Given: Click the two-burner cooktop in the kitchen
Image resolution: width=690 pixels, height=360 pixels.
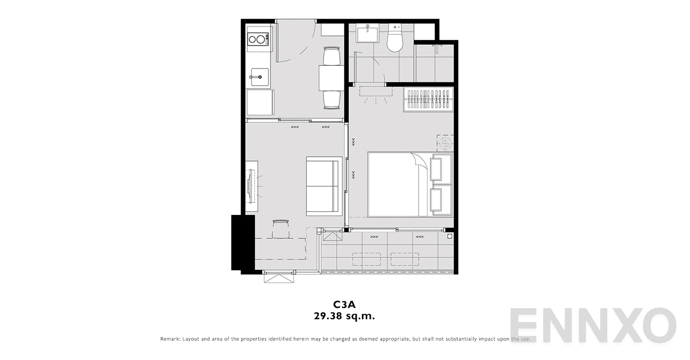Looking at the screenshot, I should (x=258, y=39).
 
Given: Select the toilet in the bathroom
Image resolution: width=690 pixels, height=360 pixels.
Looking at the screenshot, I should (x=394, y=40).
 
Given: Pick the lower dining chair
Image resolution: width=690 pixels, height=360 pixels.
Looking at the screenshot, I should (x=332, y=99).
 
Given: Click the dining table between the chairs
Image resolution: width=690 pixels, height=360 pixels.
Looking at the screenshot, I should (x=331, y=78).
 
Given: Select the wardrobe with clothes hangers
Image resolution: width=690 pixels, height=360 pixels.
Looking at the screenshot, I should (x=428, y=99).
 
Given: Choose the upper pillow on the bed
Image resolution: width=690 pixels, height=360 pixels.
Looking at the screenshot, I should (x=441, y=168).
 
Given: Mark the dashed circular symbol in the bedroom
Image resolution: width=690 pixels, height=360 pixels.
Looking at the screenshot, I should (x=445, y=143).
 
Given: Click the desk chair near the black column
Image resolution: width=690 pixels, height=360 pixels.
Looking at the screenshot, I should (x=281, y=228).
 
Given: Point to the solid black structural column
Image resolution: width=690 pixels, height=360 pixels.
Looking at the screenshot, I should (x=243, y=243).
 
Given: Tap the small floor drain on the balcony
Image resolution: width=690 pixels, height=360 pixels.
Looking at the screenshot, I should (x=449, y=237).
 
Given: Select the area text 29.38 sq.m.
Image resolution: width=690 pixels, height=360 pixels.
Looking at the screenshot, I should (x=344, y=316).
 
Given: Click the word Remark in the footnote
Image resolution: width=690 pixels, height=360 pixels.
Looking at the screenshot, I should (x=170, y=339).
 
